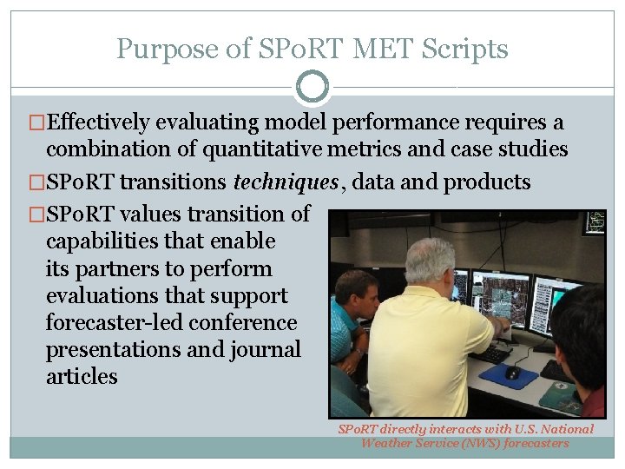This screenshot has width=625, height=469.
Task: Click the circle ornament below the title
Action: click(x=312, y=87)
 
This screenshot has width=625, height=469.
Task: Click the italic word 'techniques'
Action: click(x=286, y=182)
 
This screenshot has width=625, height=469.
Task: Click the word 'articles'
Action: click(x=82, y=376)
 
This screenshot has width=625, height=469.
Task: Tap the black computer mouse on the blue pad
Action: click(x=512, y=372)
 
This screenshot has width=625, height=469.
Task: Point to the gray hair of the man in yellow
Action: click(x=429, y=258)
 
